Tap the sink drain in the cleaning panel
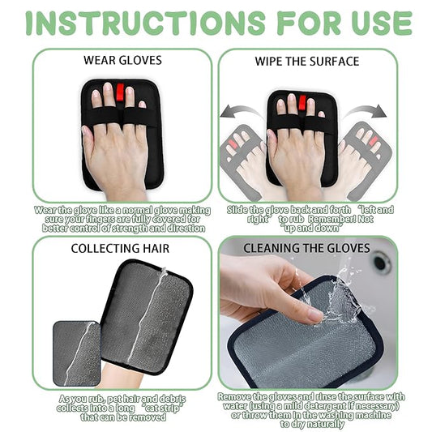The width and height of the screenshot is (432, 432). coord(381,264)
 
